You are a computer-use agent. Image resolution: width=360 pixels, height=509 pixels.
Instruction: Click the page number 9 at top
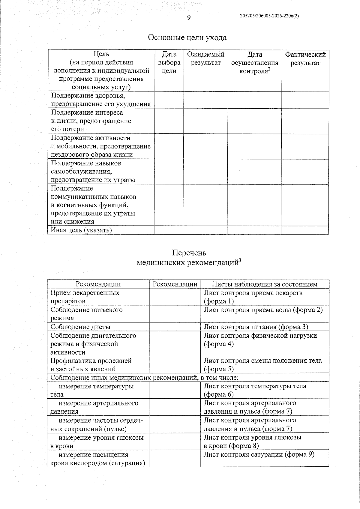coord(189,18)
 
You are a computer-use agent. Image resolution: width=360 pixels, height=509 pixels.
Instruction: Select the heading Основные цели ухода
coord(187,38)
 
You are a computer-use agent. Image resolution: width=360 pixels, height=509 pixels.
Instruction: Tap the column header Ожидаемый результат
coord(206,59)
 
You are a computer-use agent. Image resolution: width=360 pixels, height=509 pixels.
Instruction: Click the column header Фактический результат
coord(305,59)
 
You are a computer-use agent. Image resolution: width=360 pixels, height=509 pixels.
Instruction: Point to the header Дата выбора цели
coord(169,63)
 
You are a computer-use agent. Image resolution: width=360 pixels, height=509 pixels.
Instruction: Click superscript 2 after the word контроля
coord(269,69)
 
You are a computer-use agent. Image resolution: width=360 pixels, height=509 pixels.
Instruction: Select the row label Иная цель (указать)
coord(81,230)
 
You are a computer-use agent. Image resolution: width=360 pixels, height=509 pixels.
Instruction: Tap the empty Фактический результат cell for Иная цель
coord(304,230)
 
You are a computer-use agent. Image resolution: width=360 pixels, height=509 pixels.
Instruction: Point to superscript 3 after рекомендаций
coord(240,261)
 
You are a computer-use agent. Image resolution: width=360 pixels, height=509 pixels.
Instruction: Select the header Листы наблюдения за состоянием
coord(265,284)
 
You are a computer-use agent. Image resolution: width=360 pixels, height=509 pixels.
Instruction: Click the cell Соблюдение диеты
coord(80,327)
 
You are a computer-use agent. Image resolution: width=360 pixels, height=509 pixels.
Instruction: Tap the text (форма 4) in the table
coord(218,344)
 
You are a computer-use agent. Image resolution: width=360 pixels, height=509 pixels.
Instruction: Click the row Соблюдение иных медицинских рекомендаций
coord(144,377)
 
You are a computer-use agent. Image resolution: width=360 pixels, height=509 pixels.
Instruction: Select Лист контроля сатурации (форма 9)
coord(259,454)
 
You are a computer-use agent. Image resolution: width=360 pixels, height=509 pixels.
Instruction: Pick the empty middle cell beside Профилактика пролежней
coord(175,364)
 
